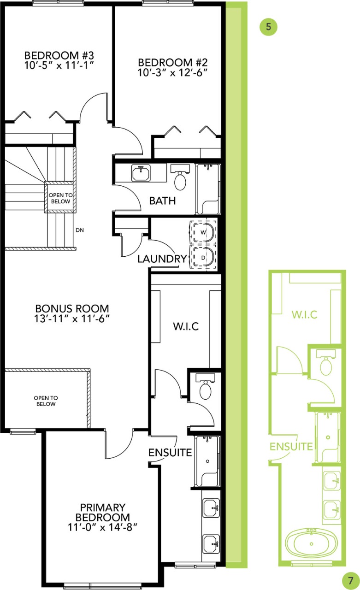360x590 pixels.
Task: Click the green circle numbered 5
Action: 268,27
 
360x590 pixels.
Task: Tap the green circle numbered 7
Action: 350,578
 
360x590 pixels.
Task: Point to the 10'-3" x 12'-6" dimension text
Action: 172,72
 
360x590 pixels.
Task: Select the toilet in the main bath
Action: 180,179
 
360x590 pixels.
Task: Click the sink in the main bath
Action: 140,173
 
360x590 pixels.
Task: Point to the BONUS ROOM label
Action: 72,308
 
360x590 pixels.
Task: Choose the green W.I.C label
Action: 304,315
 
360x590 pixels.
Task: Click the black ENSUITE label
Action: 170,453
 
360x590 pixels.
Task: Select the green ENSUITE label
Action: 291,446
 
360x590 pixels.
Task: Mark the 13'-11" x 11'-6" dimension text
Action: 72,319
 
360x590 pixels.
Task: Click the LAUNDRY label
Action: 162,259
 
